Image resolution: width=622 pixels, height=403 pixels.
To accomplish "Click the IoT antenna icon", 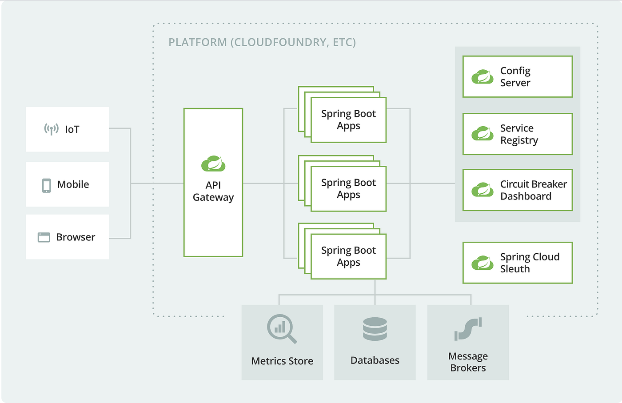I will coord(51,129).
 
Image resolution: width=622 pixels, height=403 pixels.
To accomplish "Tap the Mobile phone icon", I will coord(46,185).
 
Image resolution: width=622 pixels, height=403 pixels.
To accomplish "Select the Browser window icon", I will coord(44,237).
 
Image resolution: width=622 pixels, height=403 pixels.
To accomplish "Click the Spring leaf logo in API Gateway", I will coord(213,164).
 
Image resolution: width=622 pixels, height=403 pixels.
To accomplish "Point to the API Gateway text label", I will coord(213,191).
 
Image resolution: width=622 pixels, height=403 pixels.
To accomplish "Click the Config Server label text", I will coord(515,77).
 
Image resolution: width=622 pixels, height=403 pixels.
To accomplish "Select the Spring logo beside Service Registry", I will coord(482,134).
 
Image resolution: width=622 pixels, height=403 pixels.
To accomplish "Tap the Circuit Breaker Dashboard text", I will coord(533,190).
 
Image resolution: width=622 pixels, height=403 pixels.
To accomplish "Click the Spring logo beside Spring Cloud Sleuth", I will coord(482,263).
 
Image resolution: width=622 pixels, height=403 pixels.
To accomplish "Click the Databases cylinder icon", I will coord(375,329).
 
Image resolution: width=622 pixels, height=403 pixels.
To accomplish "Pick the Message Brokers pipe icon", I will coord(468,329).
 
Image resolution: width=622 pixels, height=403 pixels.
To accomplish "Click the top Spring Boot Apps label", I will coord(348,120).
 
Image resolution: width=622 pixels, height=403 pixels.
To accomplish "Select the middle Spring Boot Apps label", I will coord(348,188).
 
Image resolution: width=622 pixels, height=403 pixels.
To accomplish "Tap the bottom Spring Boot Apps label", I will coord(348,256).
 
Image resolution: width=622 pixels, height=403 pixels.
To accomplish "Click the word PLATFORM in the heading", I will coord(198,42).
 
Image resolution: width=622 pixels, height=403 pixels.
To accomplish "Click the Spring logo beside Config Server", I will coord(482,77).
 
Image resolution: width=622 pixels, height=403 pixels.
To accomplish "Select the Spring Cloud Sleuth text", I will coord(529,263).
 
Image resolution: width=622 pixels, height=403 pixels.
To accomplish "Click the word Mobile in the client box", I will coord(73,184).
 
